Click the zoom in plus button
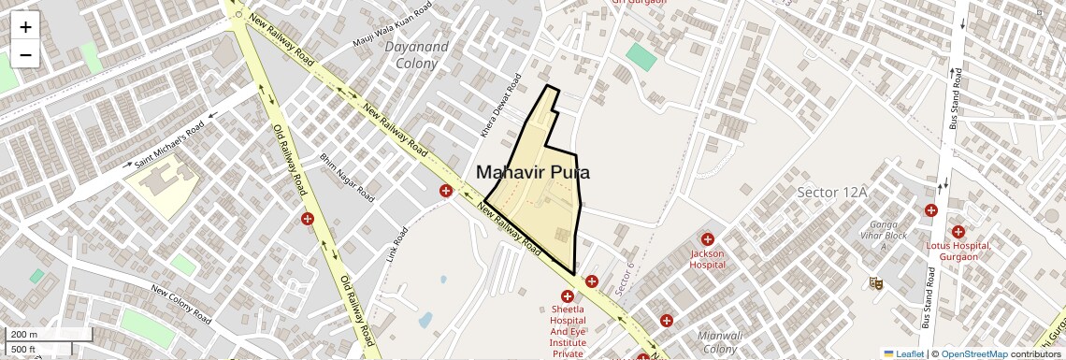(x=25, y=26)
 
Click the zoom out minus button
(x=25, y=55)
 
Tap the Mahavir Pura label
(x=532, y=172)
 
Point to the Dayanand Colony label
(x=416, y=55)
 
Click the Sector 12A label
(x=832, y=192)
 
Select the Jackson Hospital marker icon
(x=708, y=239)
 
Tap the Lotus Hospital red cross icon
(x=958, y=231)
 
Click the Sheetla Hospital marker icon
(x=568, y=296)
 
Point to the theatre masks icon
(x=876, y=281)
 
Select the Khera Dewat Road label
(x=498, y=106)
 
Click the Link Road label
(x=396, y=244)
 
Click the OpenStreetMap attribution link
(x=973, y=353)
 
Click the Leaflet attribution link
(x=903, y=353)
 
